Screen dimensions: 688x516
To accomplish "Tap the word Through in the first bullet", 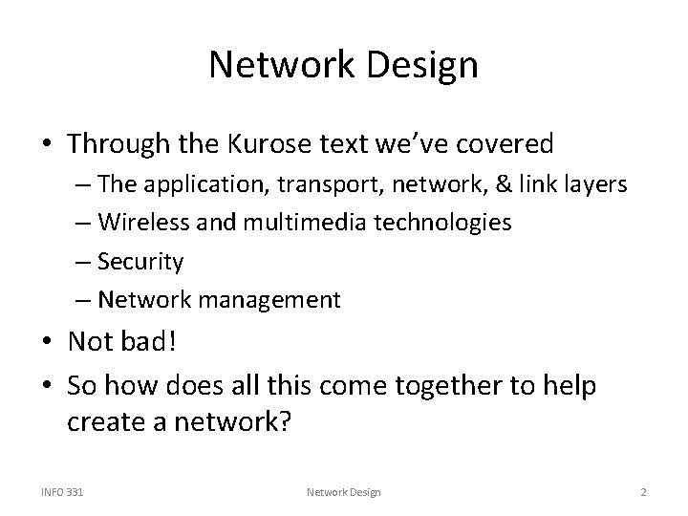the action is click(x=118, y=144).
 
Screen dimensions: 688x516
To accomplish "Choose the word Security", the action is click(x=142, y=262).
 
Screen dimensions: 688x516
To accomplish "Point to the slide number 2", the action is click(x=644, y=492).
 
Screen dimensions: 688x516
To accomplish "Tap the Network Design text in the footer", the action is click(x=344, y=492).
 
